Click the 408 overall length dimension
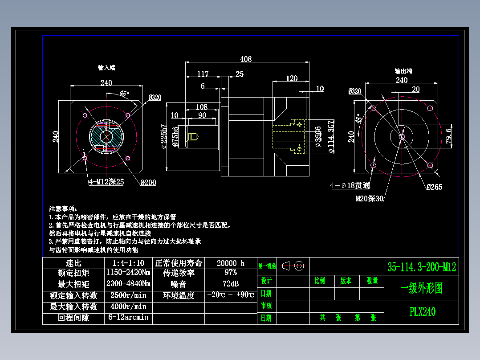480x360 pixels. [x=246, y=59]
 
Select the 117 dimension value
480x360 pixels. [x=203, y=74]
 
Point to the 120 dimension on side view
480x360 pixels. [x=292, y=78]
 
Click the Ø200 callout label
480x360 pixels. [x=148, y=182]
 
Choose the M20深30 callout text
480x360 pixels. [x=369, y=199]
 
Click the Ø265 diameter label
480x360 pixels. [x=434, y=187]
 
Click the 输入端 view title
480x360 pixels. [x=106, y=68]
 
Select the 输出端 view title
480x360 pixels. [x=403, y=71]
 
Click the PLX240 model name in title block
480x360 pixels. [x=422, y=311]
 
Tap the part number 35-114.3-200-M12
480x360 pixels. [x=422, y=267]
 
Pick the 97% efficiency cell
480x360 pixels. [x=231, y=272]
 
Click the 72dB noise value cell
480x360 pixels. [x=231, y=284]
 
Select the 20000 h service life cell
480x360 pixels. [x=231, y=263]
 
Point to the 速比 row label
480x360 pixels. [x=73, y=263]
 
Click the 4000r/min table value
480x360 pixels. [x=128, y=307]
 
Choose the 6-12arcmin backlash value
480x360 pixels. [x=128, y=318]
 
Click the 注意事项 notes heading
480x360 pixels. [x=63, y=209]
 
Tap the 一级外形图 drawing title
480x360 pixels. [x=422, y=288]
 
